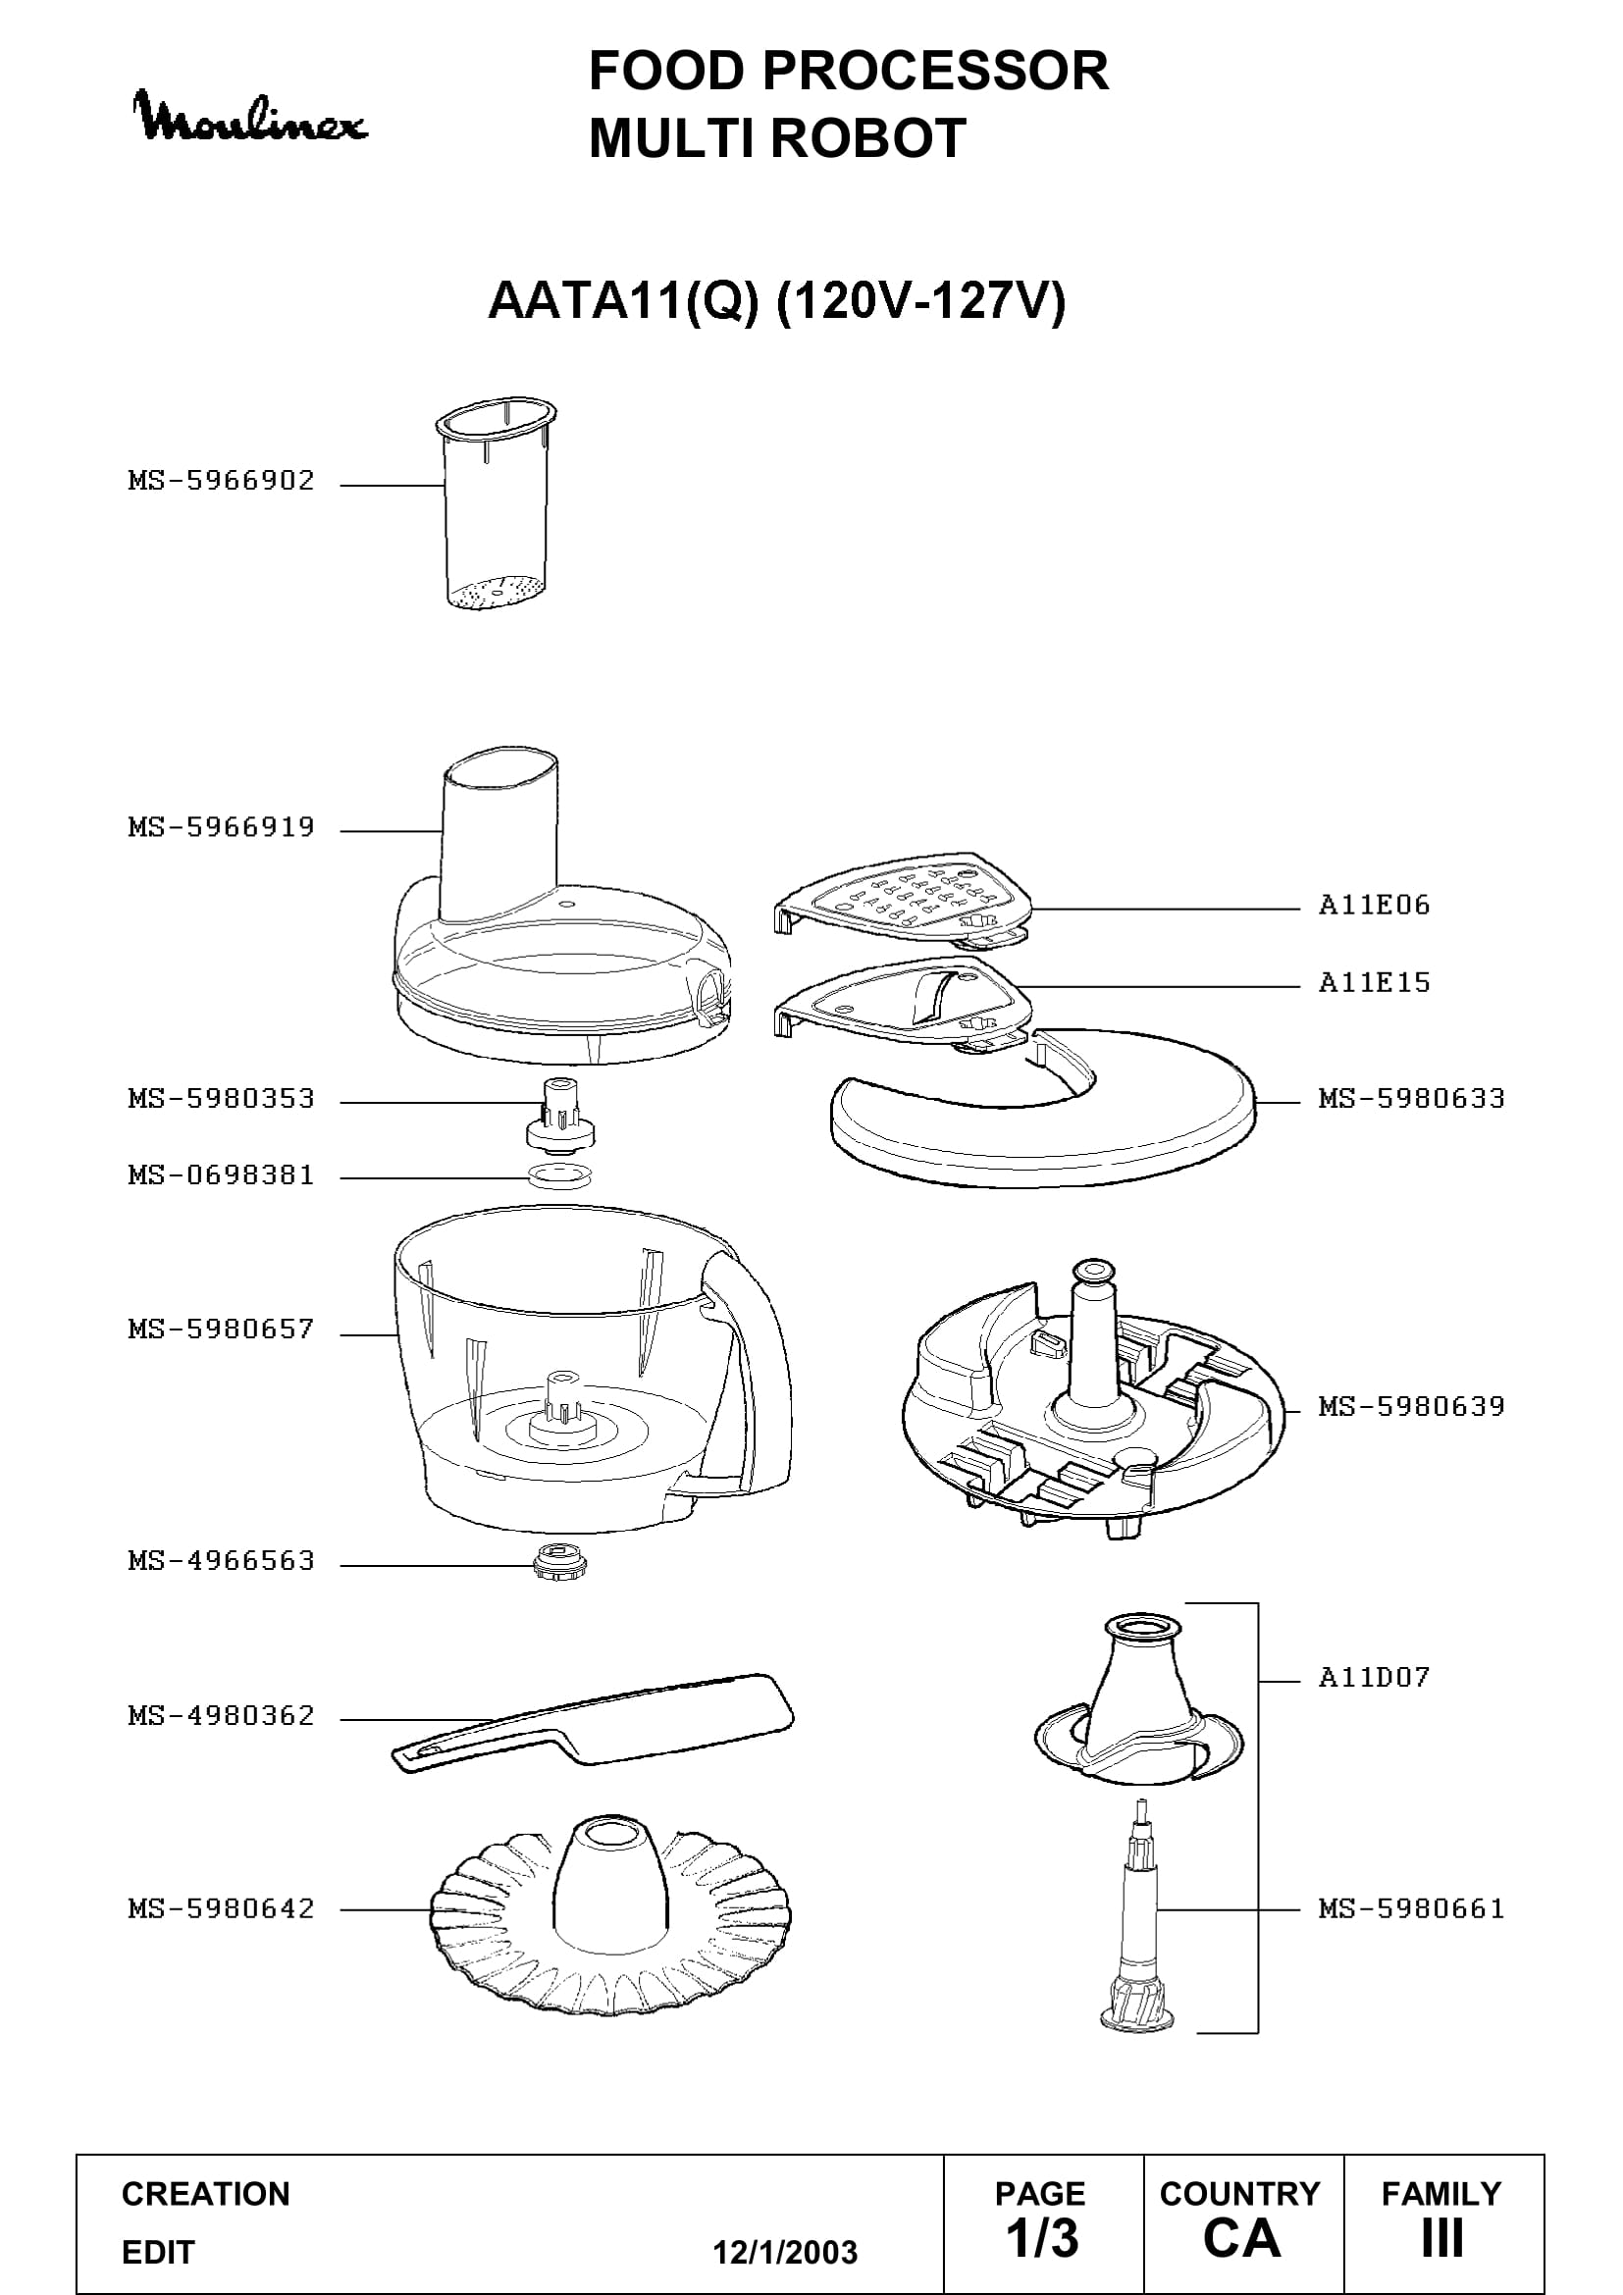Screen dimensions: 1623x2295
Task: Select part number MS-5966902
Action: [x=221, y=481]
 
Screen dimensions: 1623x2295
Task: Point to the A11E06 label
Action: [x=1374, y=906]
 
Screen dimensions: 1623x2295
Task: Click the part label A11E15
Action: [x=1374, y=982]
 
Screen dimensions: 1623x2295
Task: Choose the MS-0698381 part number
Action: [x=221, y=1175]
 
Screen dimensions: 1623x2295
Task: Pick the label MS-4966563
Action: [x=221, y=1561]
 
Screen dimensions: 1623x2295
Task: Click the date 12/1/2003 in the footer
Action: [x=785, y=2253]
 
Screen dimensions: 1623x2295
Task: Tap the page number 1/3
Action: [x=1041, y=2238]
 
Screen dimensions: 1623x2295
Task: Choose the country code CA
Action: [x=1241, y=2238]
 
